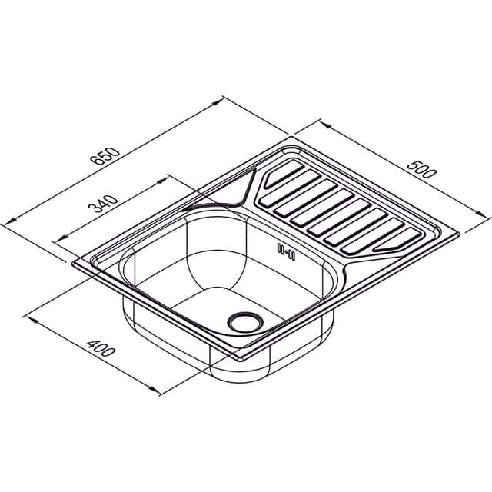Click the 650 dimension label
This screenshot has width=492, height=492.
[105, 156]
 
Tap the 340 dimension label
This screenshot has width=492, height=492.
[102, 204]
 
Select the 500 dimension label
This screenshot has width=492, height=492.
[422, 169]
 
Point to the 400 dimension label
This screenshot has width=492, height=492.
[100, 348]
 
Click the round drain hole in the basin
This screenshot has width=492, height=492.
[245, 322]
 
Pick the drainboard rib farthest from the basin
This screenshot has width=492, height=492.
[283, 174]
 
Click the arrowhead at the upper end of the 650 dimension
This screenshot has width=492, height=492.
[218, 102]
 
